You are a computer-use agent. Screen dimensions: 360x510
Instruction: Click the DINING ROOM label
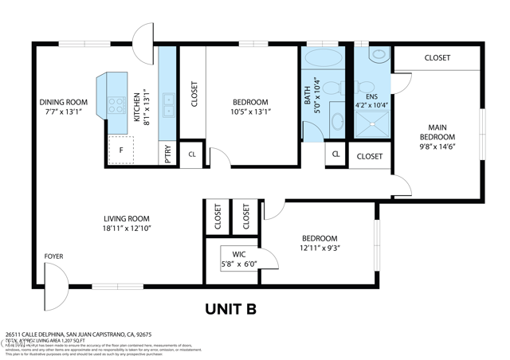[64, 102]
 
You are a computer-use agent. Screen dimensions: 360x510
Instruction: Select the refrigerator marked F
[120, 150]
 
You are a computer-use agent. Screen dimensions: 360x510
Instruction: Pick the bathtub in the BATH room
[322, 59]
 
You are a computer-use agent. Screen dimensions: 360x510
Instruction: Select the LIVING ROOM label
[127, 218]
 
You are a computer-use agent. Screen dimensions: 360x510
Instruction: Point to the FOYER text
[53, 256]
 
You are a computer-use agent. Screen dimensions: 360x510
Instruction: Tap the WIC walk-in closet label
[238, 254]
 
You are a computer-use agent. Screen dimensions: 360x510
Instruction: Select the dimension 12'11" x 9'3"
[319, 248]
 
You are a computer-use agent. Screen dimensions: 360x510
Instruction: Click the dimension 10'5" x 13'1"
[251, 112]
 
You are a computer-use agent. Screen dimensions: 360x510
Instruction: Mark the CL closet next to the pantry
[192, 155]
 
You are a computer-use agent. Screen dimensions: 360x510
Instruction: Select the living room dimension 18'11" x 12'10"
[127, 229]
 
